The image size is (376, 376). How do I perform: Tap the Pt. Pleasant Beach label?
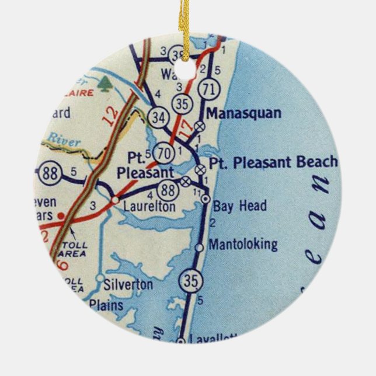[x=274, y=162]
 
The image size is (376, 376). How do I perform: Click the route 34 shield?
[x=158, y=115]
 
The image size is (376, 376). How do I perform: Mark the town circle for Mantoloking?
[x=200, y=248]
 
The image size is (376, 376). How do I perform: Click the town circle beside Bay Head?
[x=205, y=200]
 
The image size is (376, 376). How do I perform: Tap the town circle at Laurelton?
[x=115, y=200]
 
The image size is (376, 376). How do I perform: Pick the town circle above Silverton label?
[x=100, y=277]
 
